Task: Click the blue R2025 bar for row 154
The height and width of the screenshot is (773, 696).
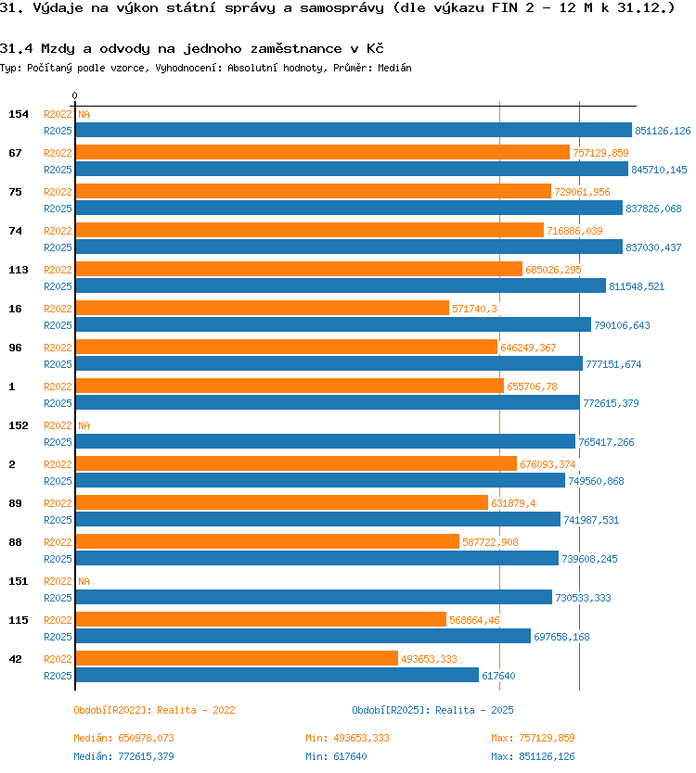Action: (x=354, y=130)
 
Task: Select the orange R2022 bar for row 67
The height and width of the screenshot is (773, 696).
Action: (x=322, y=152)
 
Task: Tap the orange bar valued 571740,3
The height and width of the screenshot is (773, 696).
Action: (x=262, y=308)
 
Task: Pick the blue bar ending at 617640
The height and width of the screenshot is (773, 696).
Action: (x=277, y=675)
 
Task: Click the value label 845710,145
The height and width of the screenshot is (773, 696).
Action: (x=659, y=170)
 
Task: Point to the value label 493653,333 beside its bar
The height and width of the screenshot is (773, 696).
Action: (x=429, y=659)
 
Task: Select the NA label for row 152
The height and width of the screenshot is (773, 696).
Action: (x=84, y=425)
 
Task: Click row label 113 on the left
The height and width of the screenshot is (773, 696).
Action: (x=19, y=270)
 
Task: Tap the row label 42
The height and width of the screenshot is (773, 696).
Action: (x=15, y=659)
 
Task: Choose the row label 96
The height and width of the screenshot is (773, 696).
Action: (x=15, y=348)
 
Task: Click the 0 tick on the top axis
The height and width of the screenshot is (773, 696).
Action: (x=74, y=95)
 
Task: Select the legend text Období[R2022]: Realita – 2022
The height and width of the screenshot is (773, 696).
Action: (x=154, y=710)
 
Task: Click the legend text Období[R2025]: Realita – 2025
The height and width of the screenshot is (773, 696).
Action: (x=432, y=710)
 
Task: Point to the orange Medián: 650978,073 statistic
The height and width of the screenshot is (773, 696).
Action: (x=124, y=738)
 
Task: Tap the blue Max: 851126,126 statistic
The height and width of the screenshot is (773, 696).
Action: (x=533, y=756)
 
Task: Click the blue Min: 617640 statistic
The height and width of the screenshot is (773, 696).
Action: (x=336, y=756)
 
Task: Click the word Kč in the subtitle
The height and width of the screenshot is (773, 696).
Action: (x=375, y=48)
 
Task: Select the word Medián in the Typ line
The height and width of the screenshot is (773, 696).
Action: (x=395, y=68)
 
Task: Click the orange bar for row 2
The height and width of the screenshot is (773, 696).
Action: (x=296, y=464)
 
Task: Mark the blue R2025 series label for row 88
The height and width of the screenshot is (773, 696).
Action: (x=58, y=559)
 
